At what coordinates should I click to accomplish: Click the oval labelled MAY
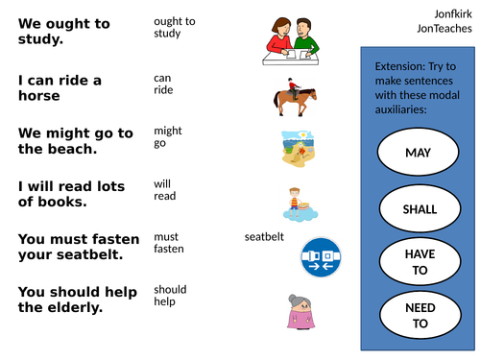click(418, 153)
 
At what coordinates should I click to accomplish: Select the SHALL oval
click(420, 208)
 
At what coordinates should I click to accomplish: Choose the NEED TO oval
click(420, 315)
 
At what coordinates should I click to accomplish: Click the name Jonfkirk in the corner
click(451, 13)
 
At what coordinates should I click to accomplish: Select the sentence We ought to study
click(63, 31)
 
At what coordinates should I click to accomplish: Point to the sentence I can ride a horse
click(60, 88)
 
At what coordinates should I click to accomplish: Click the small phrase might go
click(167, 136)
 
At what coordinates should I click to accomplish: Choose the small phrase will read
click(164, 189)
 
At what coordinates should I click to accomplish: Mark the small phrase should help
click(170, 295)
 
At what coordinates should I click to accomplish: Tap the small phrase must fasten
click(168, 242)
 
